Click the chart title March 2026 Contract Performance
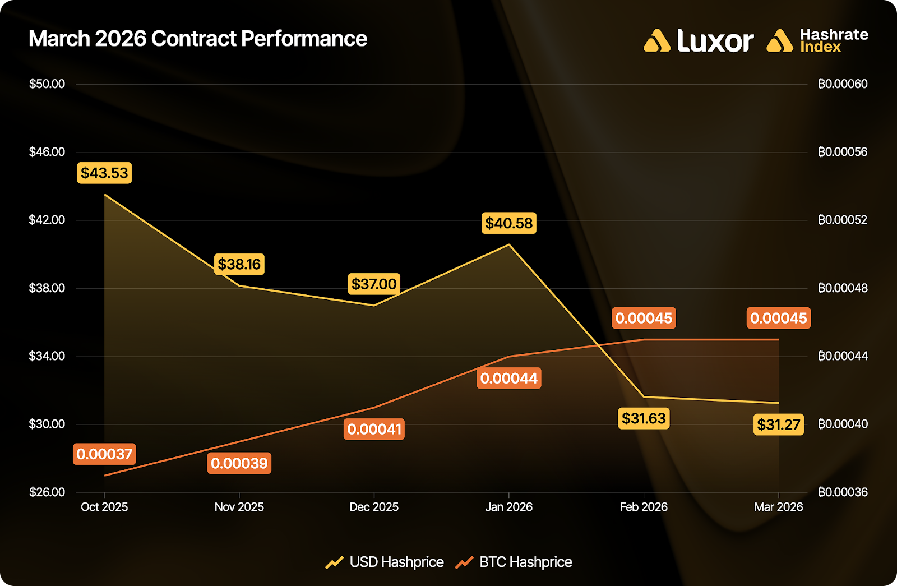(x=197, y=39)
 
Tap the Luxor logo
(x=699, y=41)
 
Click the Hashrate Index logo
(x=817, y=41)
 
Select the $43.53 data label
(x=104, y=173)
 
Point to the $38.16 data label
(x=239, y=264)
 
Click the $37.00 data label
(x=374, y=284)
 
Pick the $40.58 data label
(x=509, y=223)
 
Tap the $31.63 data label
(x=644, y=418)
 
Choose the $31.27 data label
(x=779, y=424)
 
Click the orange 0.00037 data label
(x=104, y=454)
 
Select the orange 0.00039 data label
(x=239, y=463)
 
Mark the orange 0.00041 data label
(x=374, y=430)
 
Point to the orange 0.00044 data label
(x=509, y=379)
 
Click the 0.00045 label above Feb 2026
(x=644, y=318)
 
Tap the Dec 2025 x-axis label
(x=374, y=507)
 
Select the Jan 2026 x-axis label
(x=509, y=507)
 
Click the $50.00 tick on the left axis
(x=47, y=84)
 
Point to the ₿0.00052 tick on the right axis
(x=843, y=220)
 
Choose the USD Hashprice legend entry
(x=385, y=562)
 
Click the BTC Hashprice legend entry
(x=514, y=562)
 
